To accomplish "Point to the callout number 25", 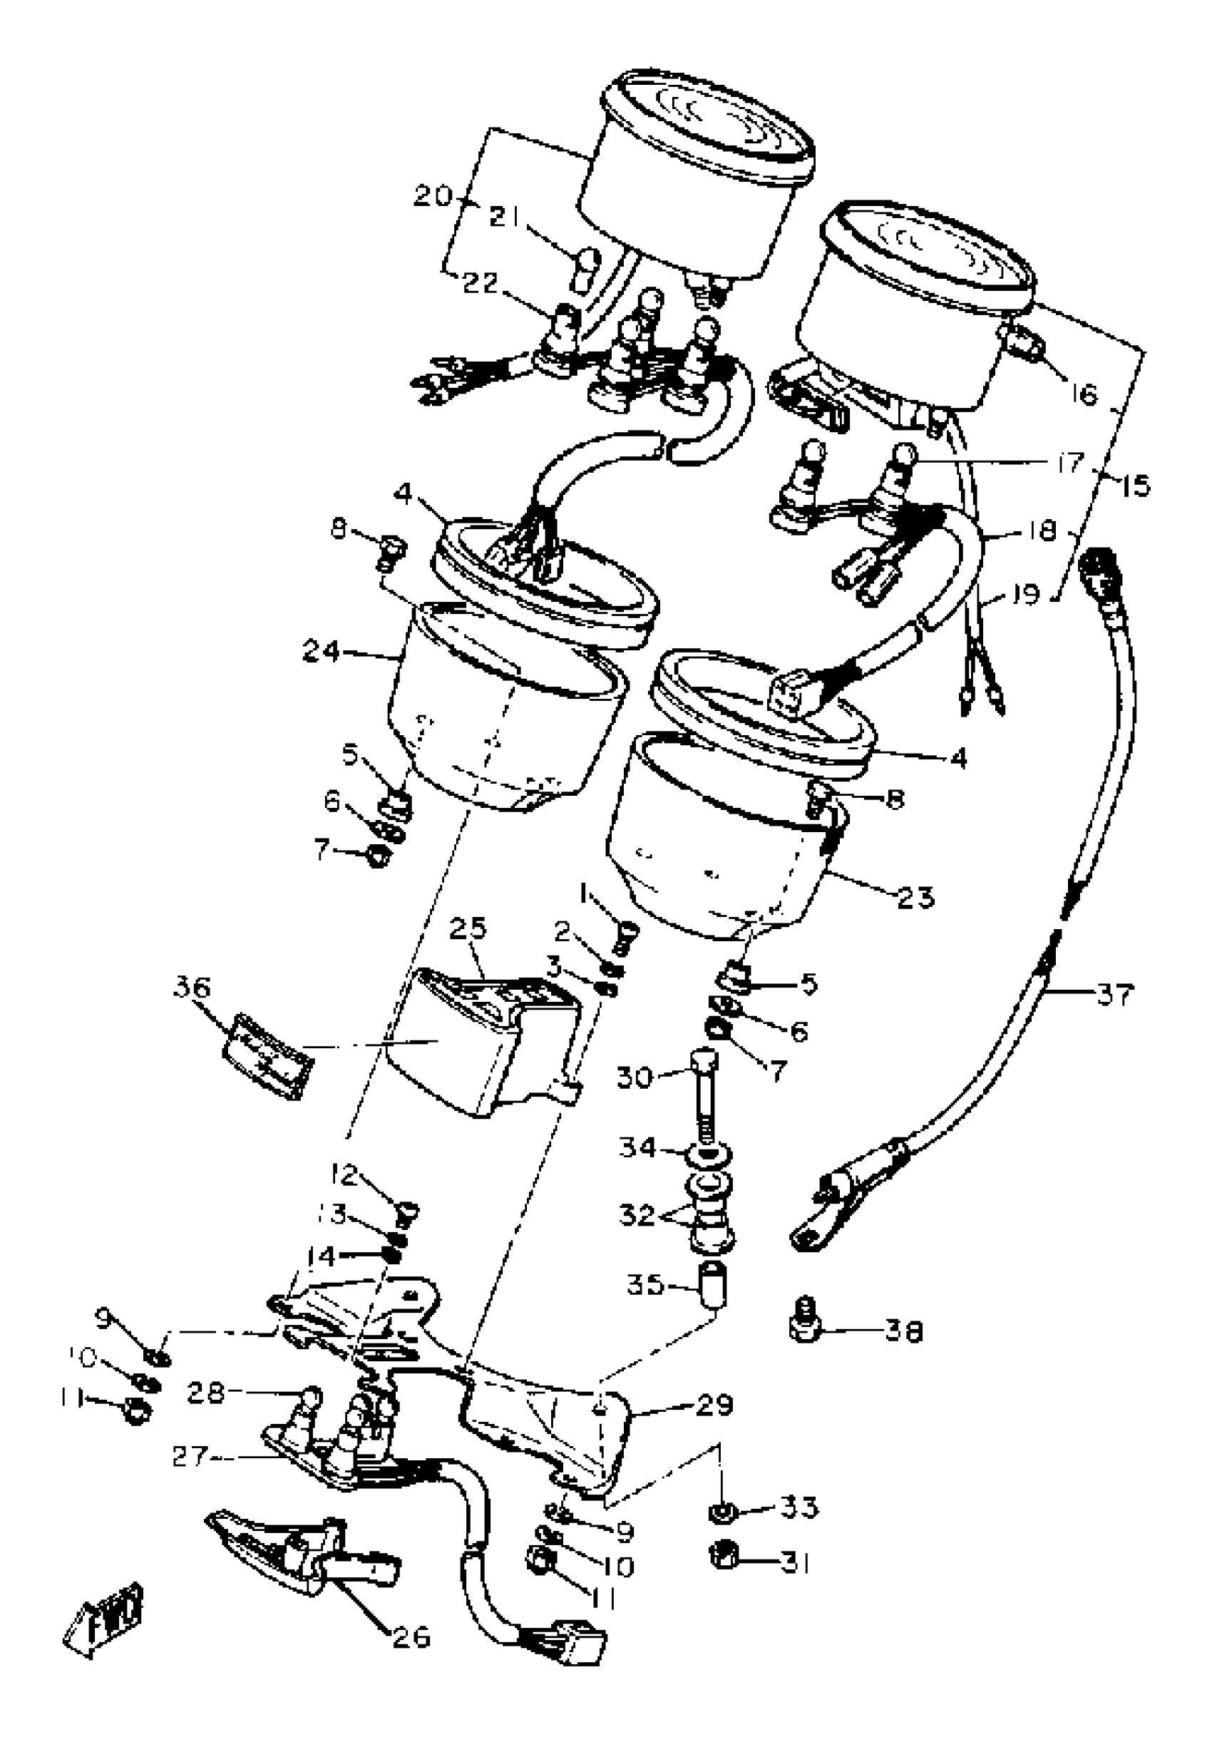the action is click(x=468, y=929).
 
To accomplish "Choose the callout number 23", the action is click(x=915, y=896).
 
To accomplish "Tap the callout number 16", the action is click(x=1084, y=394).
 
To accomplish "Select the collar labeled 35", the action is click(x=714, y=1283).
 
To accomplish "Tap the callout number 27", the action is click(x=190, y=1456).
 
